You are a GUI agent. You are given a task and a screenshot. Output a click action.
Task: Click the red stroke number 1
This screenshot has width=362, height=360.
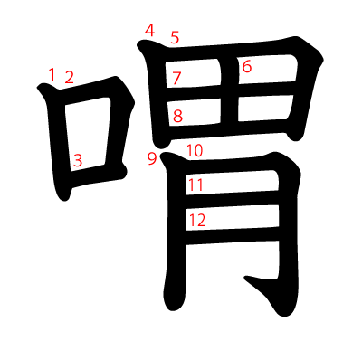tap(52, 74)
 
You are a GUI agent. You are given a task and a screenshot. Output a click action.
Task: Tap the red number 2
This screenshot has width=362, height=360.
tap(69, 78)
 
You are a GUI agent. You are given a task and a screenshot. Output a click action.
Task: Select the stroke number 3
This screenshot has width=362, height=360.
tap(78, 160)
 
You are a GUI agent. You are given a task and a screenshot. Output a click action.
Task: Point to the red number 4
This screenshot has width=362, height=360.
tap(149, 31)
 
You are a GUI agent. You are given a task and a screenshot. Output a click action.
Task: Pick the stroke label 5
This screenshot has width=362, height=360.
tap(175, 37)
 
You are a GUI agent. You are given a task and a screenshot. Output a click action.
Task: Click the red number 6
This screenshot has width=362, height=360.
tap(246, 66)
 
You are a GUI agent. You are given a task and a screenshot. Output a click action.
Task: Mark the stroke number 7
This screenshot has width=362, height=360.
tap(176, 78)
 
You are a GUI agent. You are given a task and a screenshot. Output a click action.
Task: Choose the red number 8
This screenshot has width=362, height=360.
tap(177, 116)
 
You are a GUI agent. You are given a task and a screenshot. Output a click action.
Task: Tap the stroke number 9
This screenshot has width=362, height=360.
tap(151, 159)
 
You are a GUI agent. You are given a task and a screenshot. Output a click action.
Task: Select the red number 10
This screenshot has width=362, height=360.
tap(195, 150)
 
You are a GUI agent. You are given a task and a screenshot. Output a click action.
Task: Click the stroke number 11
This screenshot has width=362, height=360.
tap(195, 185)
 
